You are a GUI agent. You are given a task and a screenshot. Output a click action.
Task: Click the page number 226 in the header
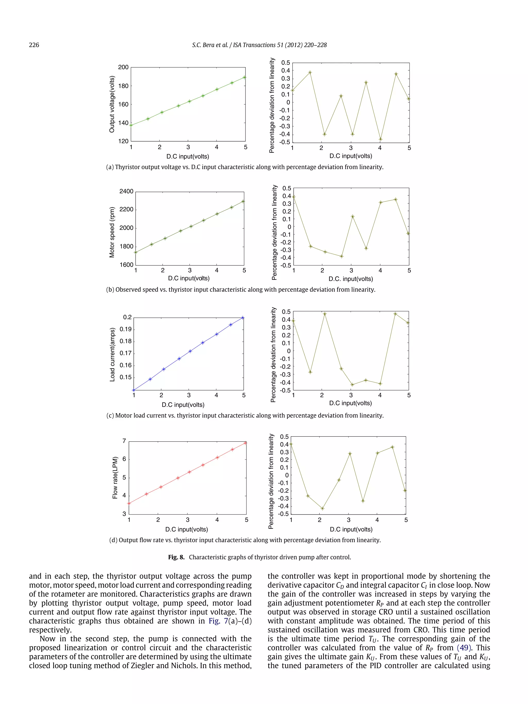pos(34,45)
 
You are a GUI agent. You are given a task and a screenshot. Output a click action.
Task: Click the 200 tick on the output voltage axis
pos(123,67)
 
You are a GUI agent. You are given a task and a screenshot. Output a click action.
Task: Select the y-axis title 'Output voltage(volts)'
pos(112,104)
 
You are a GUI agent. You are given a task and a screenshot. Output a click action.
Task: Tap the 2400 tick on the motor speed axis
pos(126,191)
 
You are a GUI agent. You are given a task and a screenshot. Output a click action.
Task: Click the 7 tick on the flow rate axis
pos(124,441)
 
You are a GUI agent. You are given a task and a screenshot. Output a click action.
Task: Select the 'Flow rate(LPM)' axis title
pos(115,478)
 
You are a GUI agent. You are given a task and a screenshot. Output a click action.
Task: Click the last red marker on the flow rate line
pos(245,443)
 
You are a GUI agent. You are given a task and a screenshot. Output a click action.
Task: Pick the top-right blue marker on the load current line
pos(243,318)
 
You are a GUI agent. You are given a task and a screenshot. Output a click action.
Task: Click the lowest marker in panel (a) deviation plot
pos(380,139)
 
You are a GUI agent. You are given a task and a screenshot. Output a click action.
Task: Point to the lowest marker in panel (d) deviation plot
pos(323,509)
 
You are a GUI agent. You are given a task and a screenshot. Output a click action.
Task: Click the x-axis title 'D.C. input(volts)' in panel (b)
pos(350,279)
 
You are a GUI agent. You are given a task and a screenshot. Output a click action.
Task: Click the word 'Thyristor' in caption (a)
pos(128,167)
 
